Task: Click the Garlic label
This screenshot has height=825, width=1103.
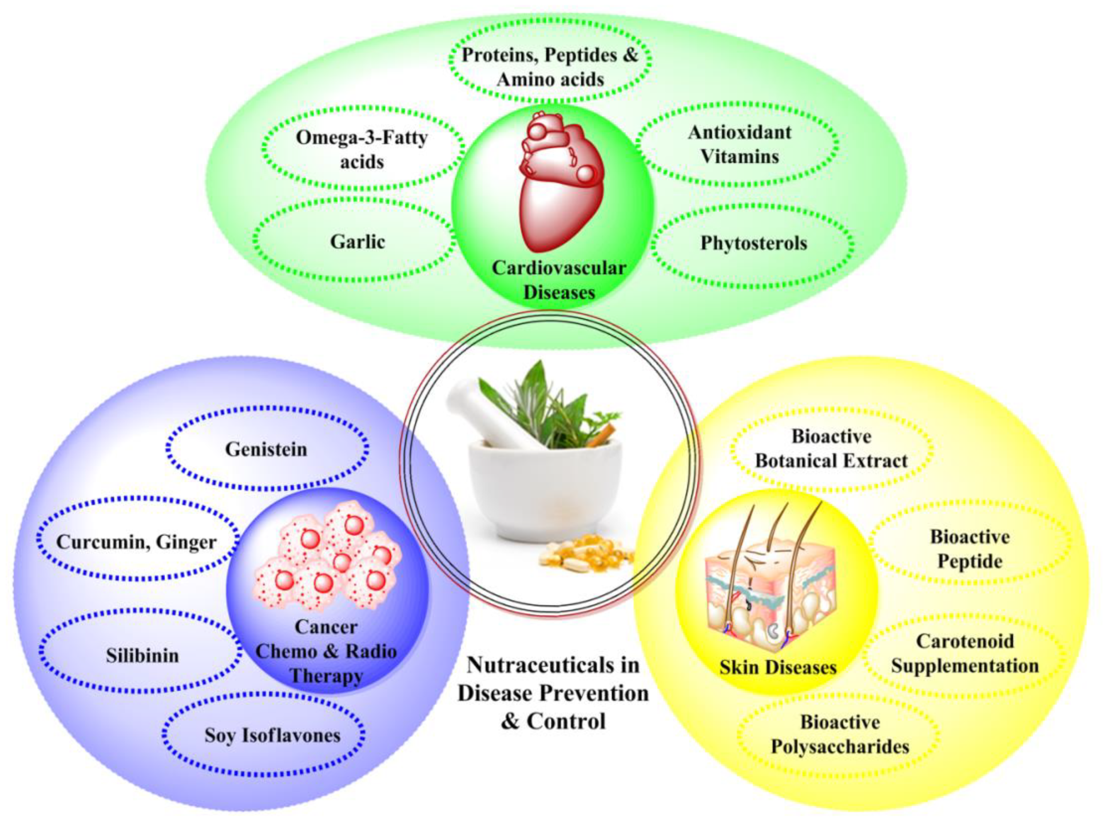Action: click(358, 242)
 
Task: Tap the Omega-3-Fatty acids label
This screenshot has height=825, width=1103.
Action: click(362, 150)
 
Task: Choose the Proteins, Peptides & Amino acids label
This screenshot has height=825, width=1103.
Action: click(550, 67)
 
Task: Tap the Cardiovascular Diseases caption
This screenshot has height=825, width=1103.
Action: click(559, 280)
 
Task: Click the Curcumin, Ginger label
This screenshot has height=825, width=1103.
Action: click(136, 542)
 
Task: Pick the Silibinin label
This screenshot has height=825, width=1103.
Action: click(142, 656)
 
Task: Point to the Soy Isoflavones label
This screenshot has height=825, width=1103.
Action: click(272, 735)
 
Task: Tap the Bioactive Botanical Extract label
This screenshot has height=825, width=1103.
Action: click(831, 448)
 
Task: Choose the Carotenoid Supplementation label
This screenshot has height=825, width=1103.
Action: click(965, 653)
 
